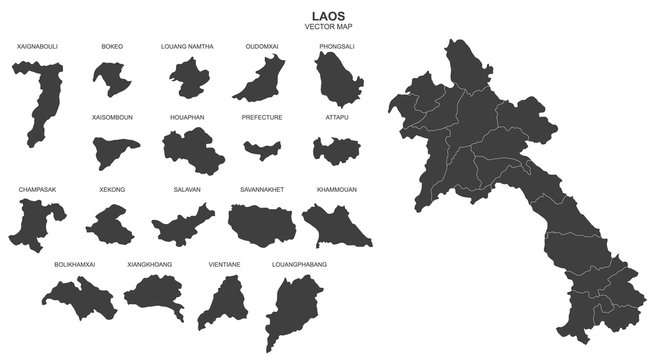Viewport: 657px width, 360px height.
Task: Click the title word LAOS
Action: click(328, 15)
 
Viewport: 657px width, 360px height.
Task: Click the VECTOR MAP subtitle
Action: click(328, 27)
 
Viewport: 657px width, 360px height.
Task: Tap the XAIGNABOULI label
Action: click(38, 47)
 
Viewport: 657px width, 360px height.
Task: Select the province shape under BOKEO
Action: click(109, 77)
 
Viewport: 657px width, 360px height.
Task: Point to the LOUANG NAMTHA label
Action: click(187, 47)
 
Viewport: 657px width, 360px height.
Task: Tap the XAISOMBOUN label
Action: click(112, 118)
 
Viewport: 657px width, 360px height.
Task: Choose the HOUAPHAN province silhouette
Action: click(188, 150)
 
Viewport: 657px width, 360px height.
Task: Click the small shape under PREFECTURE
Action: click(262, 150)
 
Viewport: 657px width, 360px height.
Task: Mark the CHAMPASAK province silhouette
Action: click(38, 220)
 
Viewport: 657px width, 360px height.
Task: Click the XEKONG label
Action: click(111, 188)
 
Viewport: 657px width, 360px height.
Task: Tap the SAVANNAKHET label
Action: click(262, 188)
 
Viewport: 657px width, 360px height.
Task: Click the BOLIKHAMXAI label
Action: click(76, 264)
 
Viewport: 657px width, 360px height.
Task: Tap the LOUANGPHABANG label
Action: click(299, 264)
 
